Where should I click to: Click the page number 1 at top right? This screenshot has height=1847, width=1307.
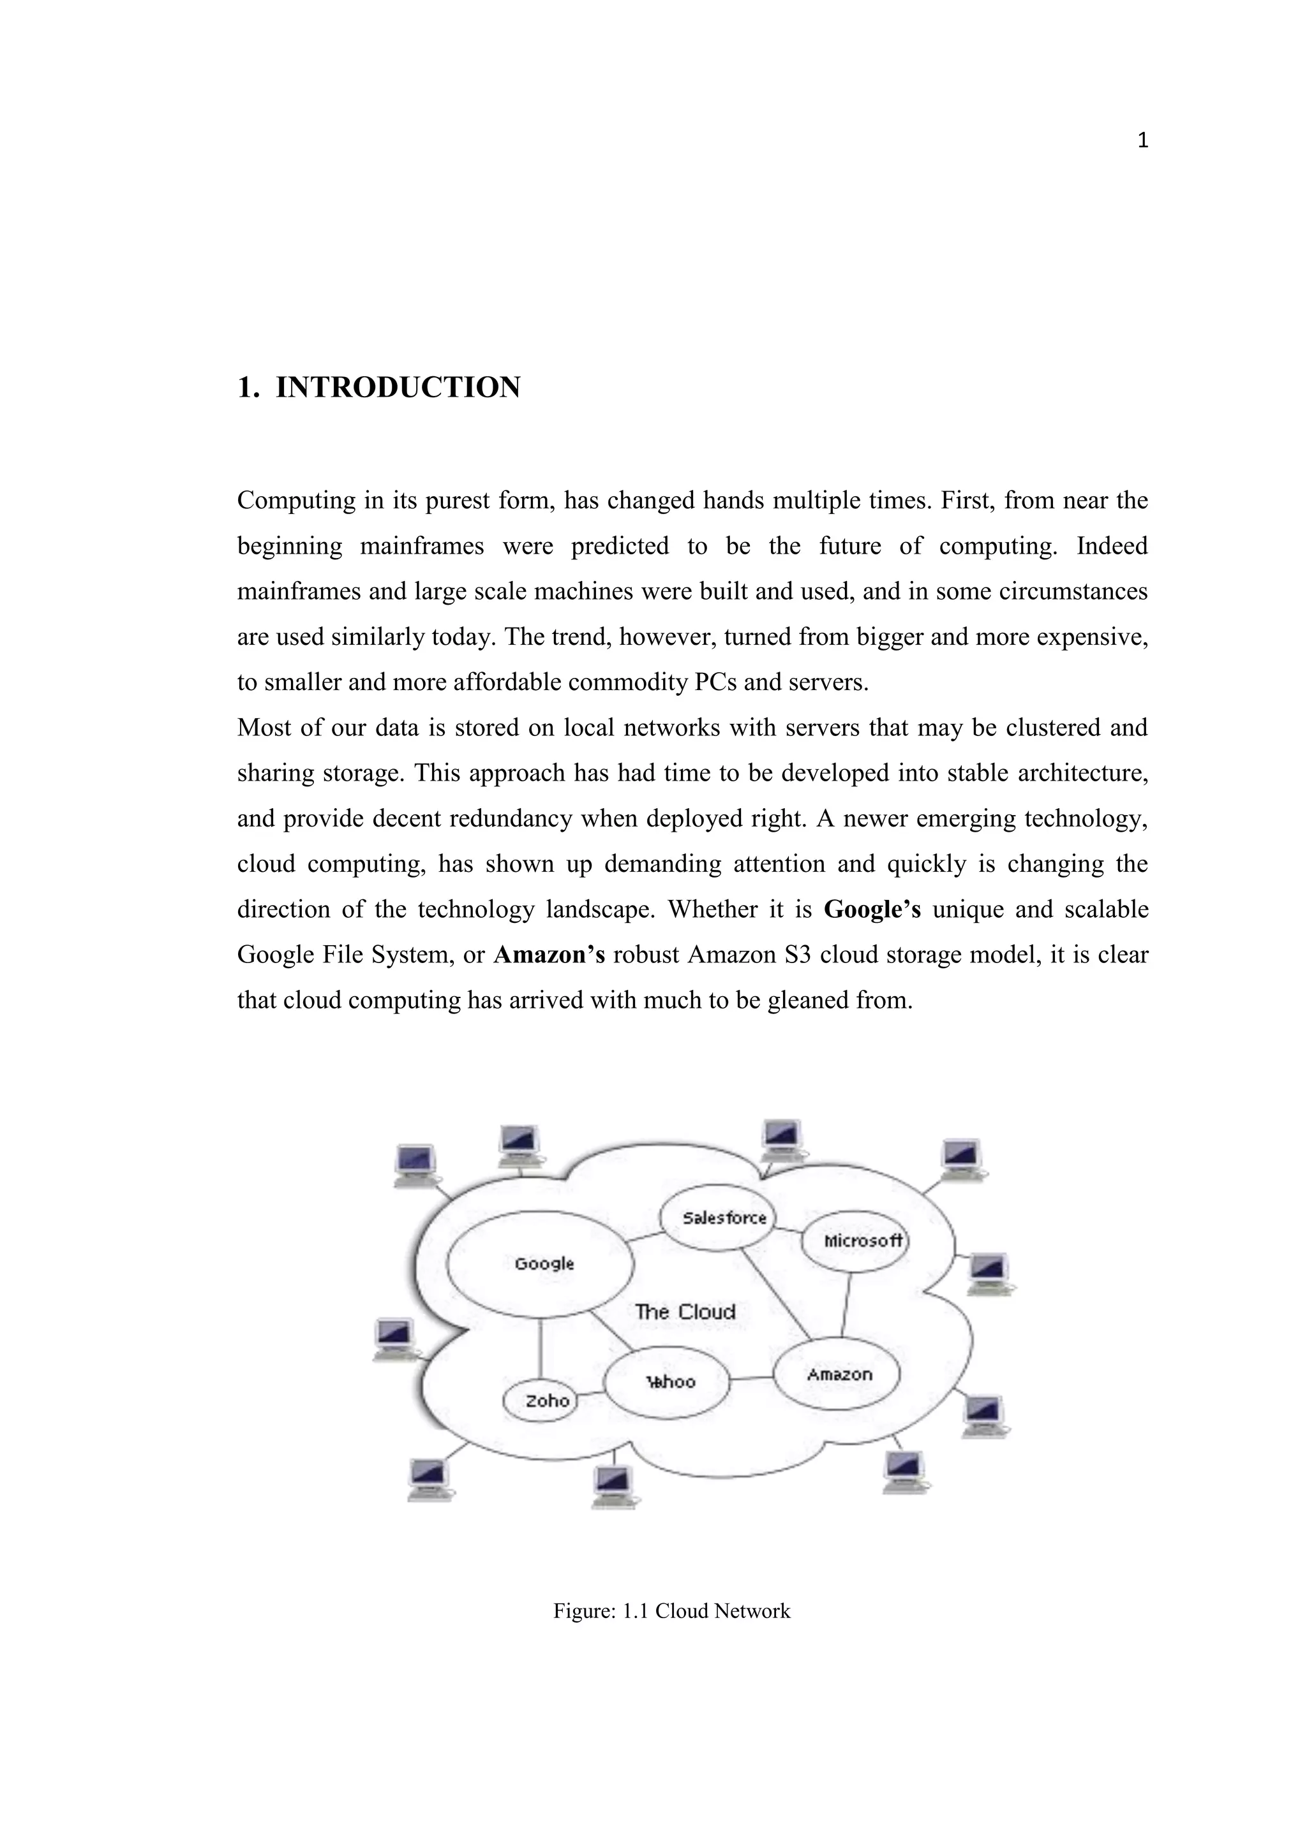[1142, 142]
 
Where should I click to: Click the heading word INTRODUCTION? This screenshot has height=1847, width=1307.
[398, 388]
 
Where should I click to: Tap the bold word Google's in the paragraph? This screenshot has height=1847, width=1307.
[872, 910]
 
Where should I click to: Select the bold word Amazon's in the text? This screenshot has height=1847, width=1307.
[549, 955]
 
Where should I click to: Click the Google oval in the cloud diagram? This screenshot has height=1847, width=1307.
[540, 1264]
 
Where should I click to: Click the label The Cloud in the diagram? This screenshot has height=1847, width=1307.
[685, 1312]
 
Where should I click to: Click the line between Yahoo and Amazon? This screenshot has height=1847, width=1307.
[752, 1379]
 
